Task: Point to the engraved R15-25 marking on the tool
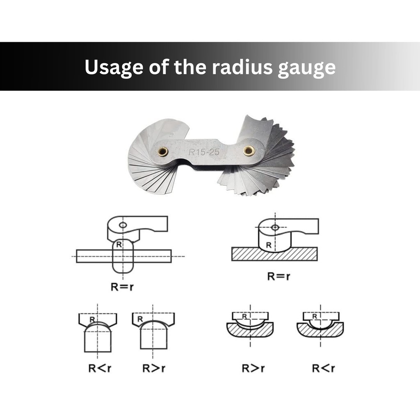[204, 153]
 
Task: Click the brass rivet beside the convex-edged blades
[163, 152]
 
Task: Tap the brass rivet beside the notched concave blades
[249, 151]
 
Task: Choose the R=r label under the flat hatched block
[279, 276]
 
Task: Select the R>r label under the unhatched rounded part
[154, 368]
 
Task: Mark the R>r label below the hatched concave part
[253, 368]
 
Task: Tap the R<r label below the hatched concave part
[323, 368]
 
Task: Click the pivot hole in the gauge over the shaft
[123, 225]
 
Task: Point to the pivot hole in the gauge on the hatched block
[275, 227]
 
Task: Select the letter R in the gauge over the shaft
[118, 244]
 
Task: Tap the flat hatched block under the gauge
[274, 254]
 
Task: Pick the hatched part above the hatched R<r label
[320, 331]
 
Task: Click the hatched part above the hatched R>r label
[250, 331]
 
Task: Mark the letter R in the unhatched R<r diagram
[93, 318]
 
